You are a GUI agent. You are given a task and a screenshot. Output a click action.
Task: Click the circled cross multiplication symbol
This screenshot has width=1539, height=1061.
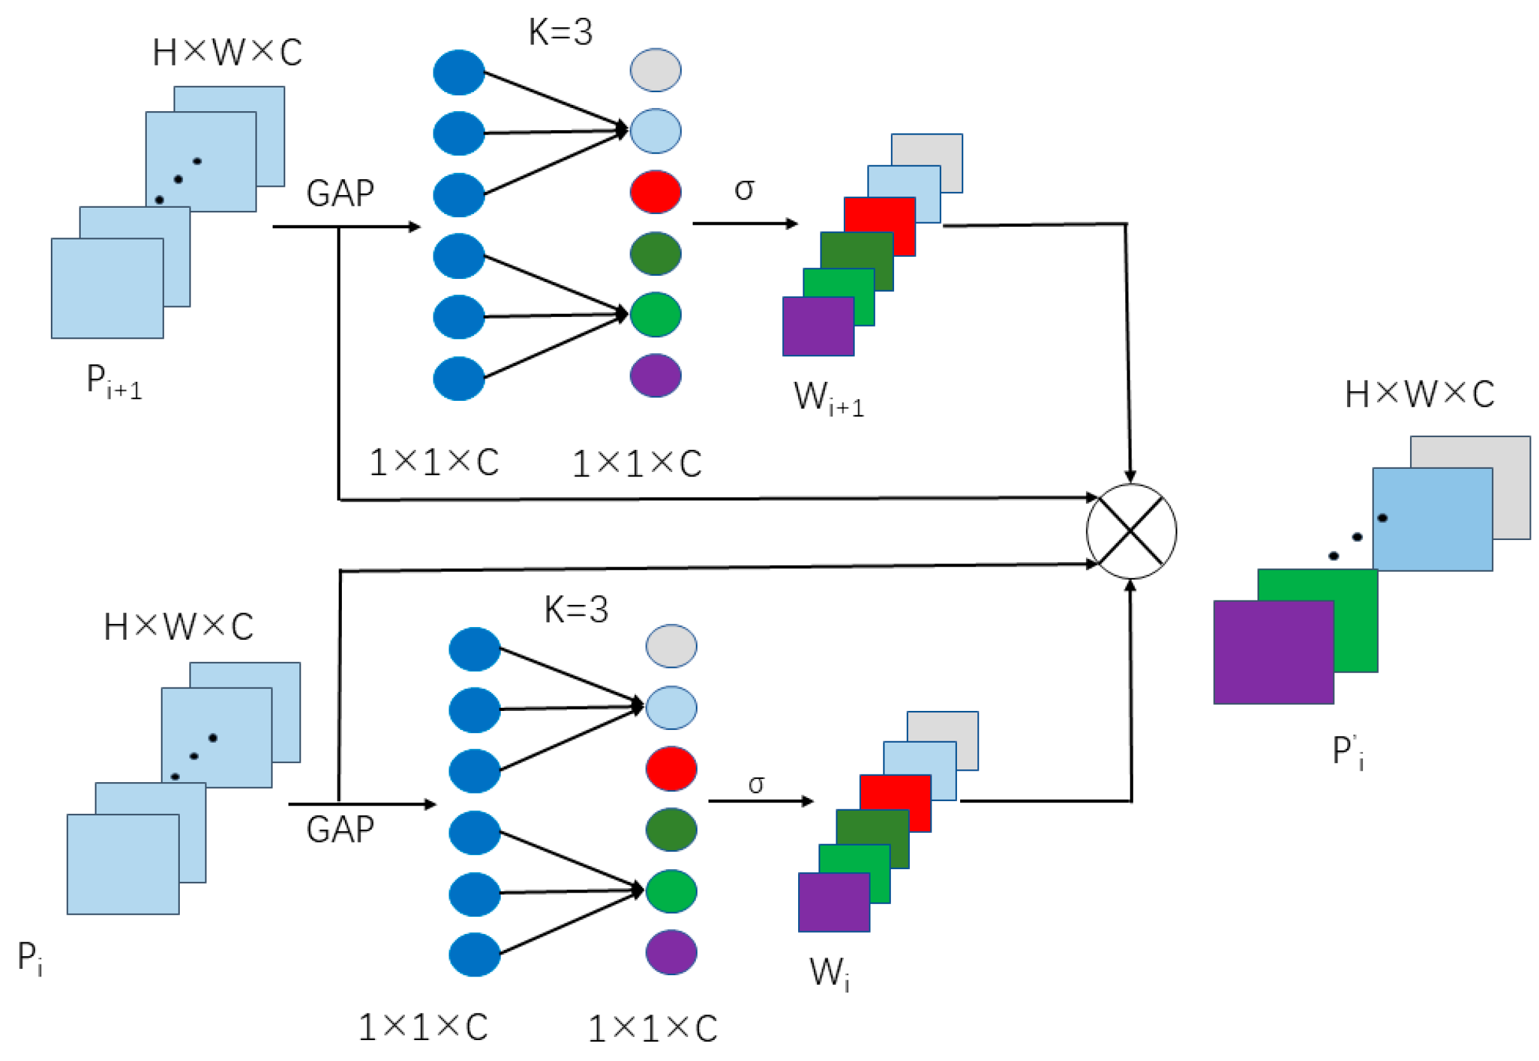coord(1131,531)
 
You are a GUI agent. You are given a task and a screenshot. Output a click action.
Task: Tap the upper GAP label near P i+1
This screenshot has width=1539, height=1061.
coord(340,193)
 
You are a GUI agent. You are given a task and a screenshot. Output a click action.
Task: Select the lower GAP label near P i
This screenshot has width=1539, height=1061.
coord(340,830)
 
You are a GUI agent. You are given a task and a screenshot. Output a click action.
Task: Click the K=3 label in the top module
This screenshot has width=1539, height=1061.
coord(560,32)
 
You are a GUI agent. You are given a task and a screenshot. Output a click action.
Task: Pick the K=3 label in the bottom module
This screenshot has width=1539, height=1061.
coord(576,609)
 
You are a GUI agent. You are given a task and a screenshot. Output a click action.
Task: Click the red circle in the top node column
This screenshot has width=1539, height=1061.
coord(656,192)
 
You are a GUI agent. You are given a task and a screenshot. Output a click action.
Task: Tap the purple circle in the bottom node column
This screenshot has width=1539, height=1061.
coord(671,952)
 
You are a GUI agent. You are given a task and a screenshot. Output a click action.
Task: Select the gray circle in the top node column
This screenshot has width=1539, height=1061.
coord(656,70)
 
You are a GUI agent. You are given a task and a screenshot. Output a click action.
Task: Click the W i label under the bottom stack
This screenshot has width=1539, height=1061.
coord(829,973)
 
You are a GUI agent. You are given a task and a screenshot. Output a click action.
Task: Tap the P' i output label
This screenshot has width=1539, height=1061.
coord(1348,752)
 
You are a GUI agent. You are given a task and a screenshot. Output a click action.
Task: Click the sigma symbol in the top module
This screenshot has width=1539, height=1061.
coord(744,189)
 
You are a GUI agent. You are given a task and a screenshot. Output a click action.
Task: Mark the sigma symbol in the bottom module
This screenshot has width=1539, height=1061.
coord(756,785)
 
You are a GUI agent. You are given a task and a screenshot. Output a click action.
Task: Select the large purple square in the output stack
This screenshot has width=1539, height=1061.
coord(1273,652)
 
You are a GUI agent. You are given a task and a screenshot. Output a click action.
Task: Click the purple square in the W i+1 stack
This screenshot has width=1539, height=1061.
coord(818,327)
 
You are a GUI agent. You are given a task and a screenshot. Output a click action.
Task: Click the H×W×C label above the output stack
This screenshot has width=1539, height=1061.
coord(1420,394)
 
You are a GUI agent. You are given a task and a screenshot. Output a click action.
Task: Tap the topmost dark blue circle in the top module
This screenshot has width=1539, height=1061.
coord(459,72)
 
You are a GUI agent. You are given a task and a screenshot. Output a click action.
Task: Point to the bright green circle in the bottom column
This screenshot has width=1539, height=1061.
coord(671,891)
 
